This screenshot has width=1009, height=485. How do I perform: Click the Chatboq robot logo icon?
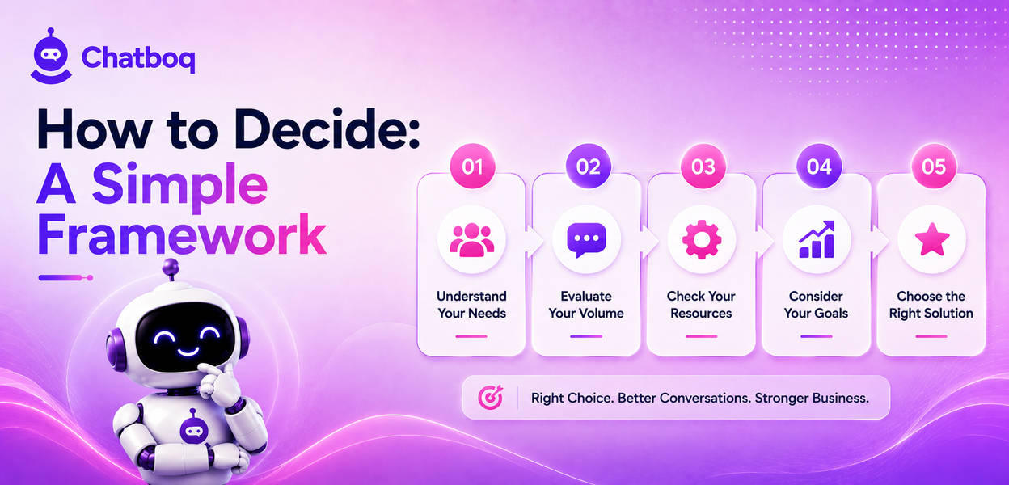coord(51,57)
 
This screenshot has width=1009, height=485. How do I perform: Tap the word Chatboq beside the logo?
coord(138,58)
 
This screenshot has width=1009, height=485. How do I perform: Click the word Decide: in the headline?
coord(327,129)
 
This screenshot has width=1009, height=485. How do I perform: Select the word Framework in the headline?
coord(182,234)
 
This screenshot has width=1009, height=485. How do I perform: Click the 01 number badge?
coord(472,167)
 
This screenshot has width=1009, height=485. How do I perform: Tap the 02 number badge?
coord(588,167)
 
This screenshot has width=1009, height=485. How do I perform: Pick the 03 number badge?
coord(703,167)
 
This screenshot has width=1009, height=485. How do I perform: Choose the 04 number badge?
coord(818,167)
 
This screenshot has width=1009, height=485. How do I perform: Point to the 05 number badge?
coord(934,167)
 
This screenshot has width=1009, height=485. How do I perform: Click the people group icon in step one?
coord(471,240)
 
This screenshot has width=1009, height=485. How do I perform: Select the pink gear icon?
coord(702,239)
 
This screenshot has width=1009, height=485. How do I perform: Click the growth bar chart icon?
coord(817,239)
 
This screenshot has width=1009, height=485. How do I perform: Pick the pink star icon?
coord(932,239)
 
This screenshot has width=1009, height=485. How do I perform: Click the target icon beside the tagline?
coord(491,397)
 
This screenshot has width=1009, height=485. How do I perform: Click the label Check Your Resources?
coord(701,305)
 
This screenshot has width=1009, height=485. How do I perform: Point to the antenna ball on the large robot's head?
coord(171,267)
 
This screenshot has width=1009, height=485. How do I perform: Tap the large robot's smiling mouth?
coord(188,352)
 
